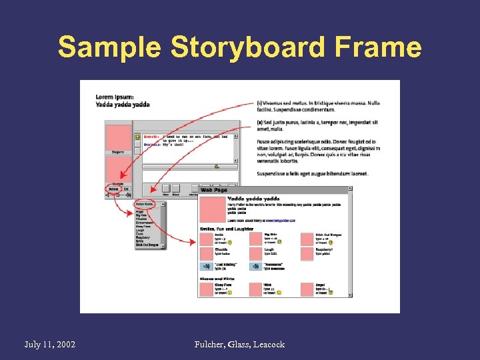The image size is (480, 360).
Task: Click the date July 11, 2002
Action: click(49, 344)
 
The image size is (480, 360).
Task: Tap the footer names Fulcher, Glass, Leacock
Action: click(239, 344)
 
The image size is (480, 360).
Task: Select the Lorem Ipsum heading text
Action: click(115, 97)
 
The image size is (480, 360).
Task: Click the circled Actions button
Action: click(113, 189)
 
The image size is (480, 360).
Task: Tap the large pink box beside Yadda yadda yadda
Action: click(212, 209)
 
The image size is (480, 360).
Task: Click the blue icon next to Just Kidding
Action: click(205, 266)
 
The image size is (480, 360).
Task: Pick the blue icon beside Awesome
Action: click(255, 266)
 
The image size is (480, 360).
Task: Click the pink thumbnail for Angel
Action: click(306, 289)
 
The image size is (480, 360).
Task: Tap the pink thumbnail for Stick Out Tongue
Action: click(306, 238)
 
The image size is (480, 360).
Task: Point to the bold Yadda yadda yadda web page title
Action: click(253, 198)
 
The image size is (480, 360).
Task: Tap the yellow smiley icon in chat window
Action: click(137, 137)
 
